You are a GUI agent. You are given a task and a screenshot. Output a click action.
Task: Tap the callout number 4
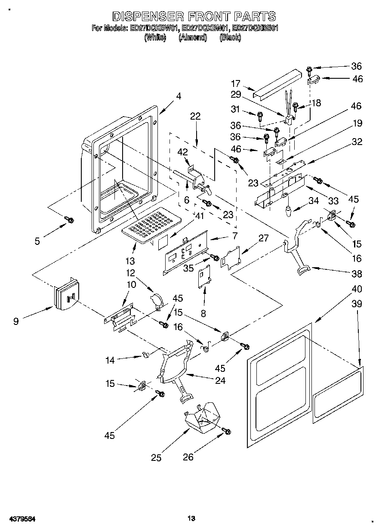178,97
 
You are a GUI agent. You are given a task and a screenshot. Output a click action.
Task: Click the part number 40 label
357,288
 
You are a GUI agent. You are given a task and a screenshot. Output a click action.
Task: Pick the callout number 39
357,304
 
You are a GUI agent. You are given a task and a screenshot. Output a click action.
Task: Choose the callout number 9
16,321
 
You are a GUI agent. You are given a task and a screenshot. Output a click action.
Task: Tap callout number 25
156,457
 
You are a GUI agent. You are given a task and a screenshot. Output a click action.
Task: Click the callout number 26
188,457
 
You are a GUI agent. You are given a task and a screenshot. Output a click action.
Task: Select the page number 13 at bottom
191,519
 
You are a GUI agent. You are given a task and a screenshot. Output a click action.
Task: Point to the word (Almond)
193,37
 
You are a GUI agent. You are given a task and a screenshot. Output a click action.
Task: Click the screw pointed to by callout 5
69,220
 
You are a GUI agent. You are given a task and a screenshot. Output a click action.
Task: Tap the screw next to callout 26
227,430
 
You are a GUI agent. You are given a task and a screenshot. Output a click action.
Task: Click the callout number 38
357,274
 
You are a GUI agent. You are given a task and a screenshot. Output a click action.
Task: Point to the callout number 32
357,142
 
